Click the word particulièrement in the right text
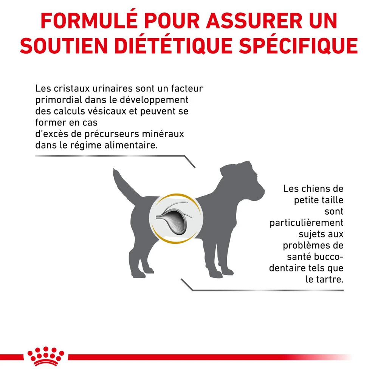tap(307, 223)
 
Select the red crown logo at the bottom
tap(46, 356)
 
